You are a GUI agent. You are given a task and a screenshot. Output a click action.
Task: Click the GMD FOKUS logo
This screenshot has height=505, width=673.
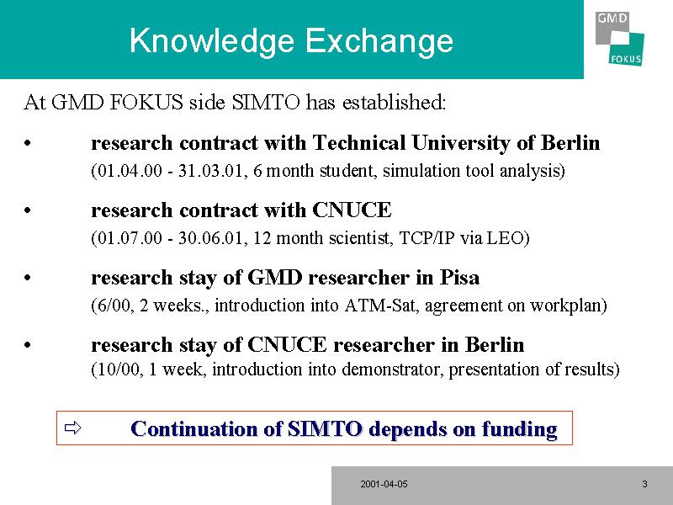point(619,39)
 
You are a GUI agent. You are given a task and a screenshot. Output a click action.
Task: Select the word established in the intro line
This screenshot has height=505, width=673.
point(394,102)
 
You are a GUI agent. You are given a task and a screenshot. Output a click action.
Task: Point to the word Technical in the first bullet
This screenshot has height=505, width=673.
point(359,142)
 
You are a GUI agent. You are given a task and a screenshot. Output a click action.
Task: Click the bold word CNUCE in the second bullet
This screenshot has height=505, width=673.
point(352,210)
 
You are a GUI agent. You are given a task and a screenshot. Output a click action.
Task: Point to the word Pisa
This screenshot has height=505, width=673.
point(459,278)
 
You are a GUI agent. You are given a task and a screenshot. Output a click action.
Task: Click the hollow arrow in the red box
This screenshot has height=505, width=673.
point(72,428)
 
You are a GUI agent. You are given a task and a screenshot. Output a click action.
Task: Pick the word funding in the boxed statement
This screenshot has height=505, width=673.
point(519,429)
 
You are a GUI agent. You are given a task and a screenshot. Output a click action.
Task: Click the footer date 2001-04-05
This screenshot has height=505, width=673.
point(384,485)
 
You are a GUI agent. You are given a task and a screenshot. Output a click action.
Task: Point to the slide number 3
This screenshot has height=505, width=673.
point(644,485)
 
